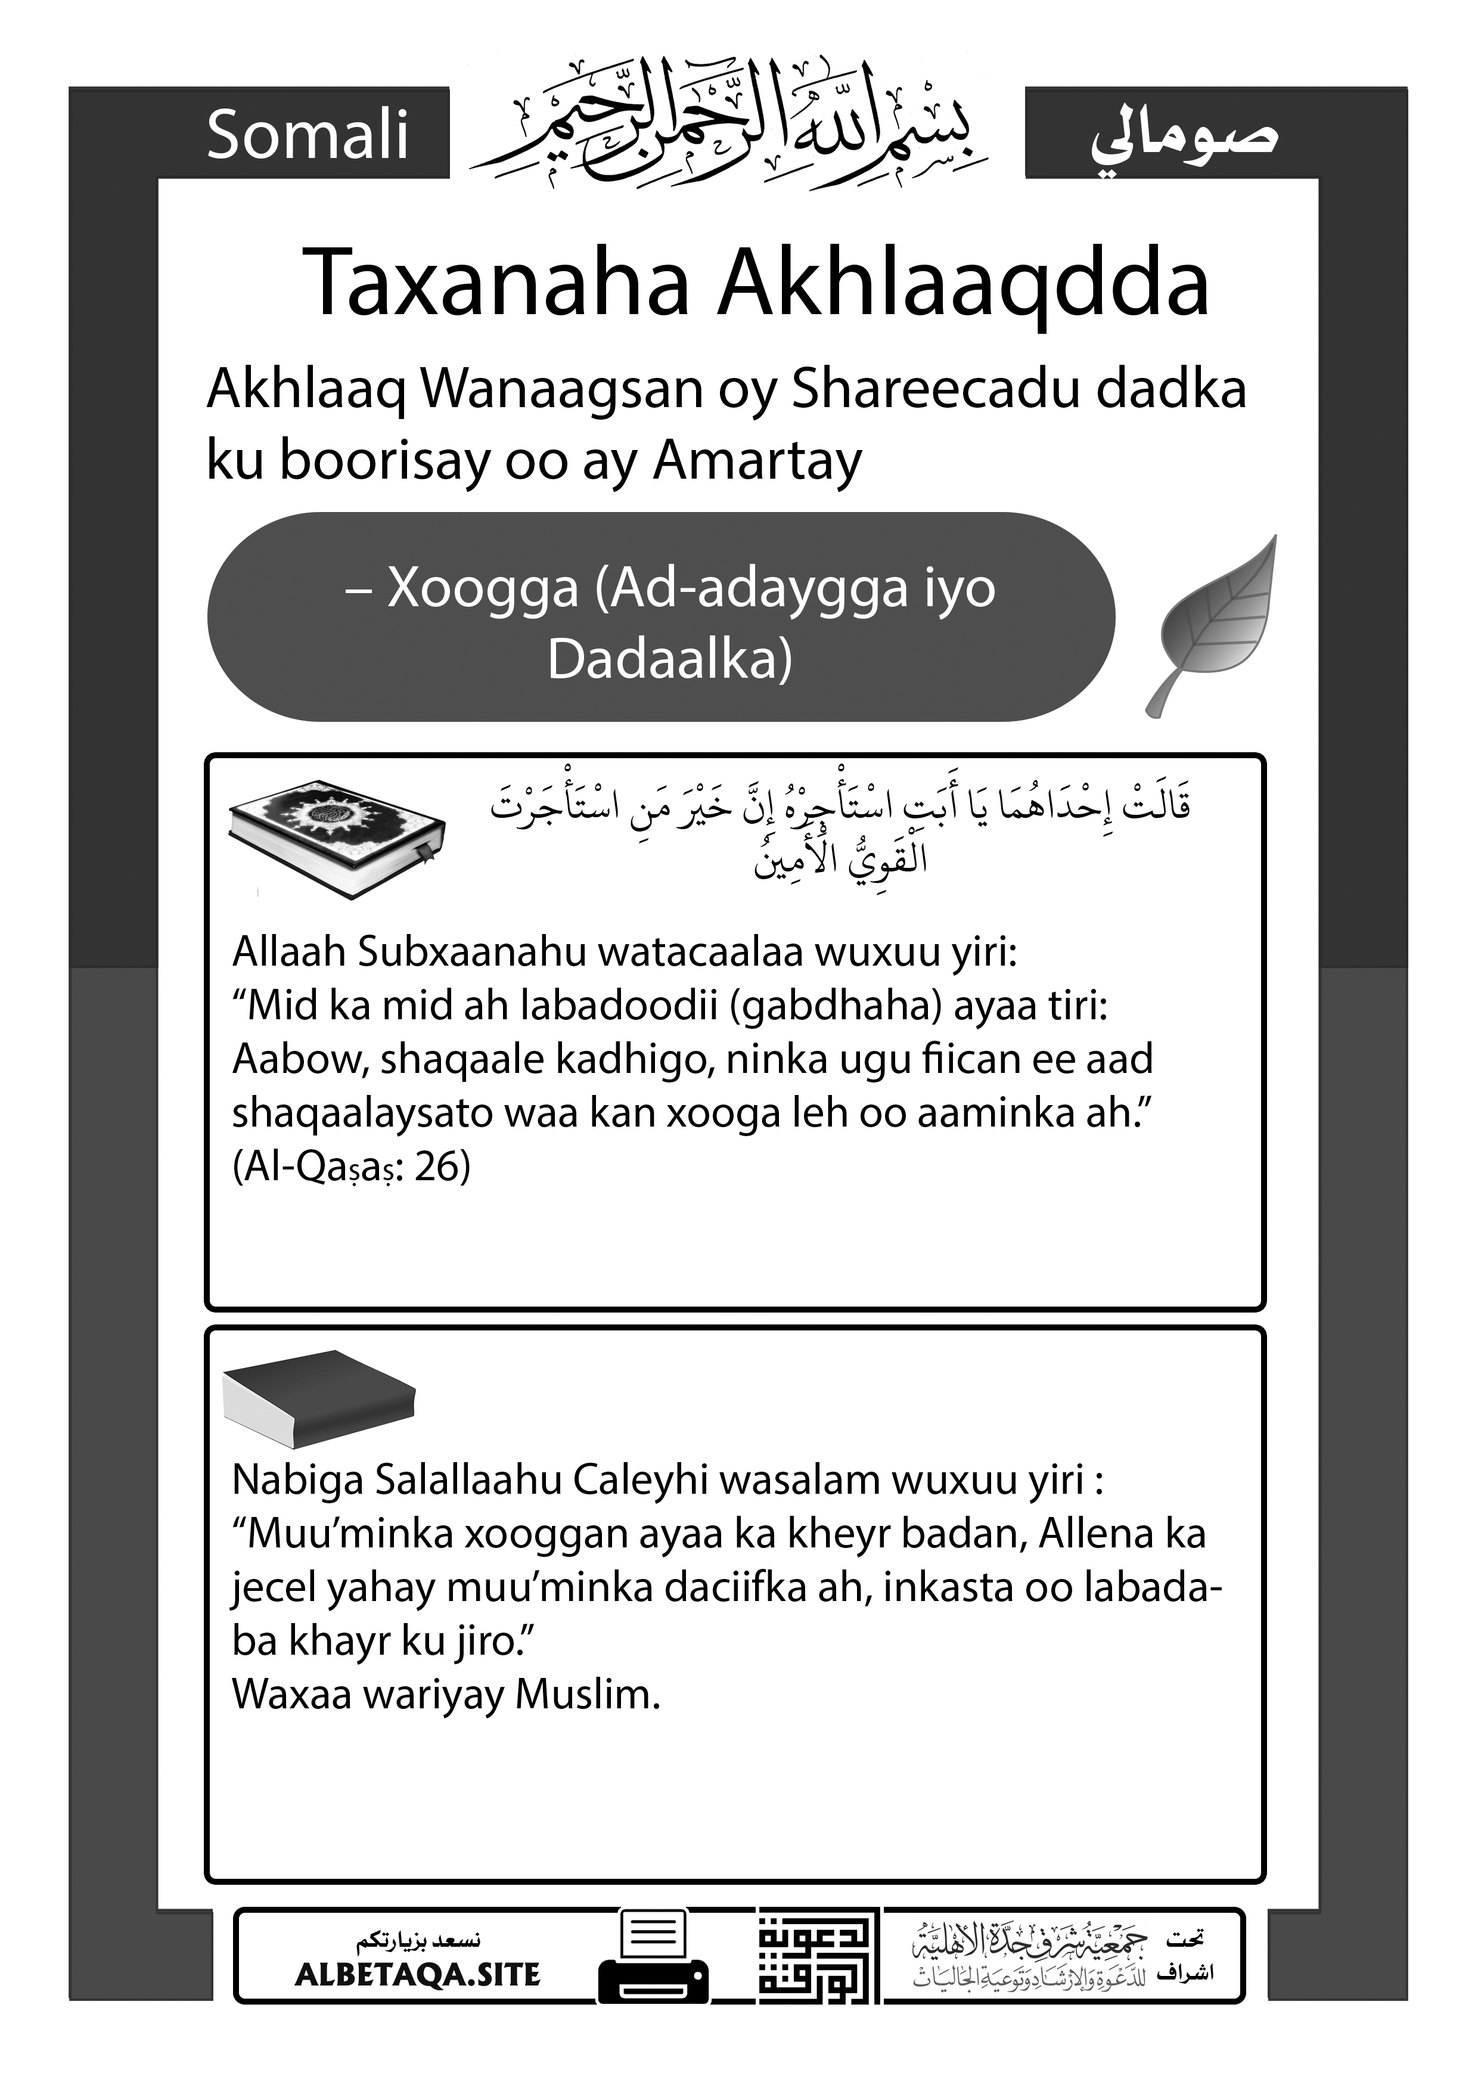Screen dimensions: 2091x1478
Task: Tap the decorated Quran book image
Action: coord(337,838)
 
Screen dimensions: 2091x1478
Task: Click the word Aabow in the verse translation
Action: coord(300,1059)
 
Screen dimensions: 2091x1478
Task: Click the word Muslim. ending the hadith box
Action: coord(588,1694)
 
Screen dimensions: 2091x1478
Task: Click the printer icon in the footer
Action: coord(653,1958)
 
